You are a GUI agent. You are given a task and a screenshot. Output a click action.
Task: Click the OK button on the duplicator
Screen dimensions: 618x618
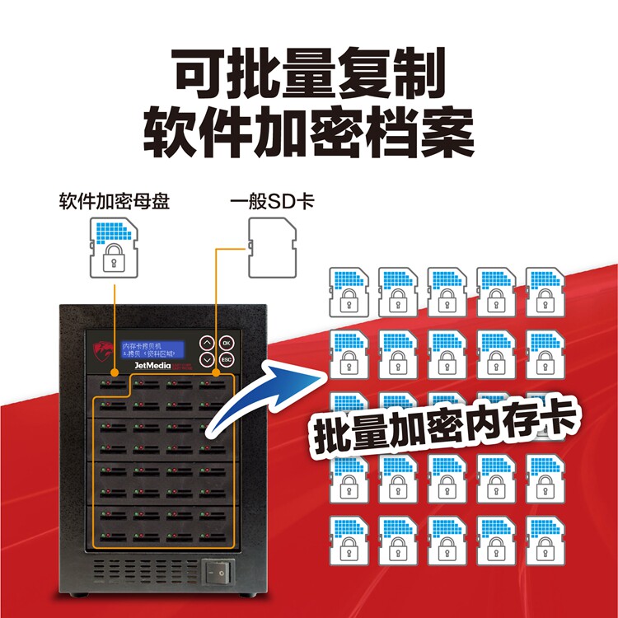(x=228, y=343)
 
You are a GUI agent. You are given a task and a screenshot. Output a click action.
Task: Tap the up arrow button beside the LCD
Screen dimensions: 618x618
(x=207, y=343)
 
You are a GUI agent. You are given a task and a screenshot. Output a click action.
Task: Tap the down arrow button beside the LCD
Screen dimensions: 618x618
(x=207, y=360)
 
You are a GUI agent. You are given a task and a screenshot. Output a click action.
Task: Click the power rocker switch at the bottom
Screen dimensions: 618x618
(x=217, y=570)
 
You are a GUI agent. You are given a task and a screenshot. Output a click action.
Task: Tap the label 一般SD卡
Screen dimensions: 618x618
(x=271, y=201)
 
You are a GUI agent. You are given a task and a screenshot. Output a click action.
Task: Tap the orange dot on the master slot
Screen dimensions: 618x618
(x=114, y=372)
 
